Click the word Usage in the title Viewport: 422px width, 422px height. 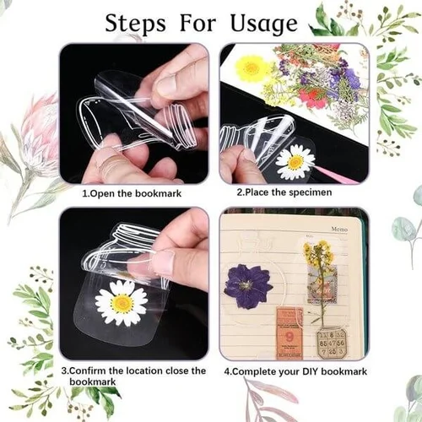pos(264,24)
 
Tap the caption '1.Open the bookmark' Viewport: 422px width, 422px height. pos(132,193)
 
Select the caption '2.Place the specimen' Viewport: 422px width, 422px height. pos(284,192)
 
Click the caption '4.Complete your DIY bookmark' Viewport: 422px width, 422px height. pos(295,371)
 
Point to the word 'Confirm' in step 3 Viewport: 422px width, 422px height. pos(88,371)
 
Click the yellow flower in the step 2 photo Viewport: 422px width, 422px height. pos(252,68)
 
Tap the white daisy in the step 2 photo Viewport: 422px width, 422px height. pos(295,161)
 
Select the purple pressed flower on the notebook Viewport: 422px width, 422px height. pos(247,285)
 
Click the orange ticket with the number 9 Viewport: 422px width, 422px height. pos(289,333)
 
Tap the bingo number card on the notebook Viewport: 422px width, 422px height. pos(332,344)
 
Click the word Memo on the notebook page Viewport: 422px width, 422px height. pos(339,230)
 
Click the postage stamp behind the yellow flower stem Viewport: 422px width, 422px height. pos(322,284)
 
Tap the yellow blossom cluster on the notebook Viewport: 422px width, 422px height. pos(317,252)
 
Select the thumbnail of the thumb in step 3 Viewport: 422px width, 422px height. pos(164,262)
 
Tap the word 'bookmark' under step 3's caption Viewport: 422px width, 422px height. pos(93,381)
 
